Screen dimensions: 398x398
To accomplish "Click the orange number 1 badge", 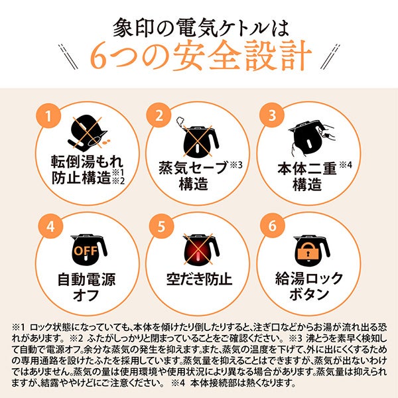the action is [x=48, y=116].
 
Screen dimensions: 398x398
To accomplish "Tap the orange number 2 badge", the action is [x=159, y=115].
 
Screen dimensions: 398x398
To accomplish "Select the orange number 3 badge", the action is [x=272, y=115].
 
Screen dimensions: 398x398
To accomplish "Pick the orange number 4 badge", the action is [x=50, y=226].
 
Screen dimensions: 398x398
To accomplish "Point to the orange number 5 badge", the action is [x=161, y=226].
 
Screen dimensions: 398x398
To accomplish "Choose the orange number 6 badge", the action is [x=273, y=226].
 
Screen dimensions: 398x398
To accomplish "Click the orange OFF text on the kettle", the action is [x=86, y=251].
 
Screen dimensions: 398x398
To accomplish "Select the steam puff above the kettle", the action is [x=180, y=121].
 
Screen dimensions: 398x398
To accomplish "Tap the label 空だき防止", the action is [x=199, y=279].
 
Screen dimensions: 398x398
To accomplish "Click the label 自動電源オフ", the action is [x=86, y=287].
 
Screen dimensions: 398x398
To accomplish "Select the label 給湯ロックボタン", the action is [x=309, y=286].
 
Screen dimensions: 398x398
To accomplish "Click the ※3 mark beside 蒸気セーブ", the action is [x=236, y=165].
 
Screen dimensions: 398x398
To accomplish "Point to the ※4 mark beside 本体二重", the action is [x=346, y=165].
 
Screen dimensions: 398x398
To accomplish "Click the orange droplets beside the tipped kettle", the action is [x=106, y=141].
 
